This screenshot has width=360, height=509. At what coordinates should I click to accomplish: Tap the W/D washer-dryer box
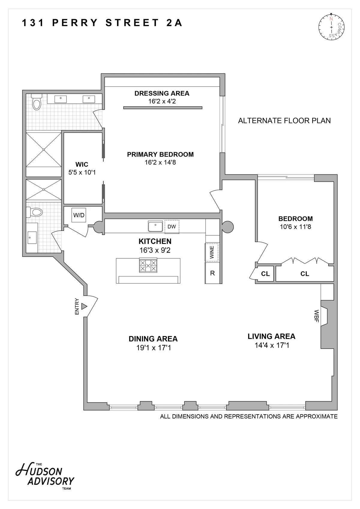(79, 215)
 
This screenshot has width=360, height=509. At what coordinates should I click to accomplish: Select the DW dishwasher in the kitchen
(172, 227)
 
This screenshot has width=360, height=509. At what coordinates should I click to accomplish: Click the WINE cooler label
(212, 252)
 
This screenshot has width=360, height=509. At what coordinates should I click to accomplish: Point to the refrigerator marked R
(212, 273)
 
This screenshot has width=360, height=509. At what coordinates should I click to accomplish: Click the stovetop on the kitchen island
(148, 266)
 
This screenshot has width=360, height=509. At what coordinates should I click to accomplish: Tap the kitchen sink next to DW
(155, 226)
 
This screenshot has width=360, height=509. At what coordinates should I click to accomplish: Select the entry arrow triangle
(84, 306)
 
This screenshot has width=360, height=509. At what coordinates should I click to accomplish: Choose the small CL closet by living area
(265, 274)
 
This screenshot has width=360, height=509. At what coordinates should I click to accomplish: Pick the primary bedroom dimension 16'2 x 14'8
(160, 162)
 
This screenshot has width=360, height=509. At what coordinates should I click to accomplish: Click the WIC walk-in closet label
(82, 164)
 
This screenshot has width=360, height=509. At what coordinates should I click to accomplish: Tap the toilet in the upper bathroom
(37, 102)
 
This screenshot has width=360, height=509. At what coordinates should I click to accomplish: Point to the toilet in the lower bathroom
(34, 212)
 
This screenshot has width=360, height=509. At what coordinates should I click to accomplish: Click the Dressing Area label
(162, 93)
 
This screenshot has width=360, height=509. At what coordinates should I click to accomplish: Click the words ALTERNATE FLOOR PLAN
(284, 121)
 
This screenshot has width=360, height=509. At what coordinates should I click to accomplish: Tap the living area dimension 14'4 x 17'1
(271, 345)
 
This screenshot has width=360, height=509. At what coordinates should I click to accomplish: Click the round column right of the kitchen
(227, 227)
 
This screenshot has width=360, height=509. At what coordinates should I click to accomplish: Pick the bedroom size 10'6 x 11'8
(295, 227)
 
